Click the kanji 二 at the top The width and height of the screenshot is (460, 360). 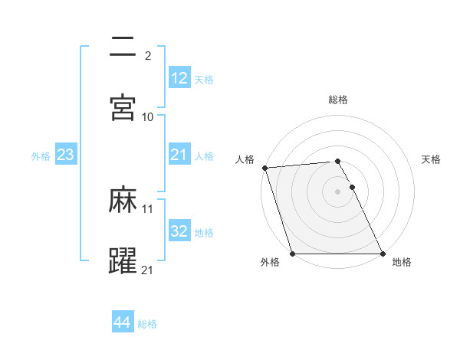pyautogui.click(x=123, y=47)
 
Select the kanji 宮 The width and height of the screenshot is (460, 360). pyautogui.click(x=123, y=106)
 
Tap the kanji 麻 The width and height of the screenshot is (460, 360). pyautogui.click(x=123, y=201)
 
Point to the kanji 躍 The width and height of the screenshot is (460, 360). pyautogui.click(x=123, y=260)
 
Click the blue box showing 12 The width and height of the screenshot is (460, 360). pyautogui.click(x=179, y=78)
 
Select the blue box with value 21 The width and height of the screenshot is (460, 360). pyautogui.click(x=179, y=155)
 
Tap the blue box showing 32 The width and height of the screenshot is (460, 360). pyautogui.click(x=179, y=231)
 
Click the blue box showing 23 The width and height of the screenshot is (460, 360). pyautogui.click(x=66, y=155)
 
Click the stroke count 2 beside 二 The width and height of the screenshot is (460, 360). pyautogui.click(x=147, y=55)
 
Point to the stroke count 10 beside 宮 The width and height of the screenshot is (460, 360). pyautogui.click(x=148, y=116)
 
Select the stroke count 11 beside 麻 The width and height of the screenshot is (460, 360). pyautogui.click(x=148, y=208)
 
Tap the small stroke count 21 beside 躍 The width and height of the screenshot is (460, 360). pyautogui.click(x=148, y=269)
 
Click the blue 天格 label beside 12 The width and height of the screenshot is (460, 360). pyautogui.click(x=204, y=79)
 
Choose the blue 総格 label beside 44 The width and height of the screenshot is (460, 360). pyautogui.click(x=147, y=324)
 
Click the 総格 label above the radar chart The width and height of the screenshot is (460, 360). pyautogui.click(x=338, y=100)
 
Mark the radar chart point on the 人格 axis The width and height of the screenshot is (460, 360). pyautogui.click(x=264, y=168)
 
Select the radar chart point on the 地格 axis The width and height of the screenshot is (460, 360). pyautogui.click(x=383, y=254)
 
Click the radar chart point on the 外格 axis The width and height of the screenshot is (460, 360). pyautogui.click(x=292, y=254)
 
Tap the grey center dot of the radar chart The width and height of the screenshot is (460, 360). pyautogui.click(x=337, y=191)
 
